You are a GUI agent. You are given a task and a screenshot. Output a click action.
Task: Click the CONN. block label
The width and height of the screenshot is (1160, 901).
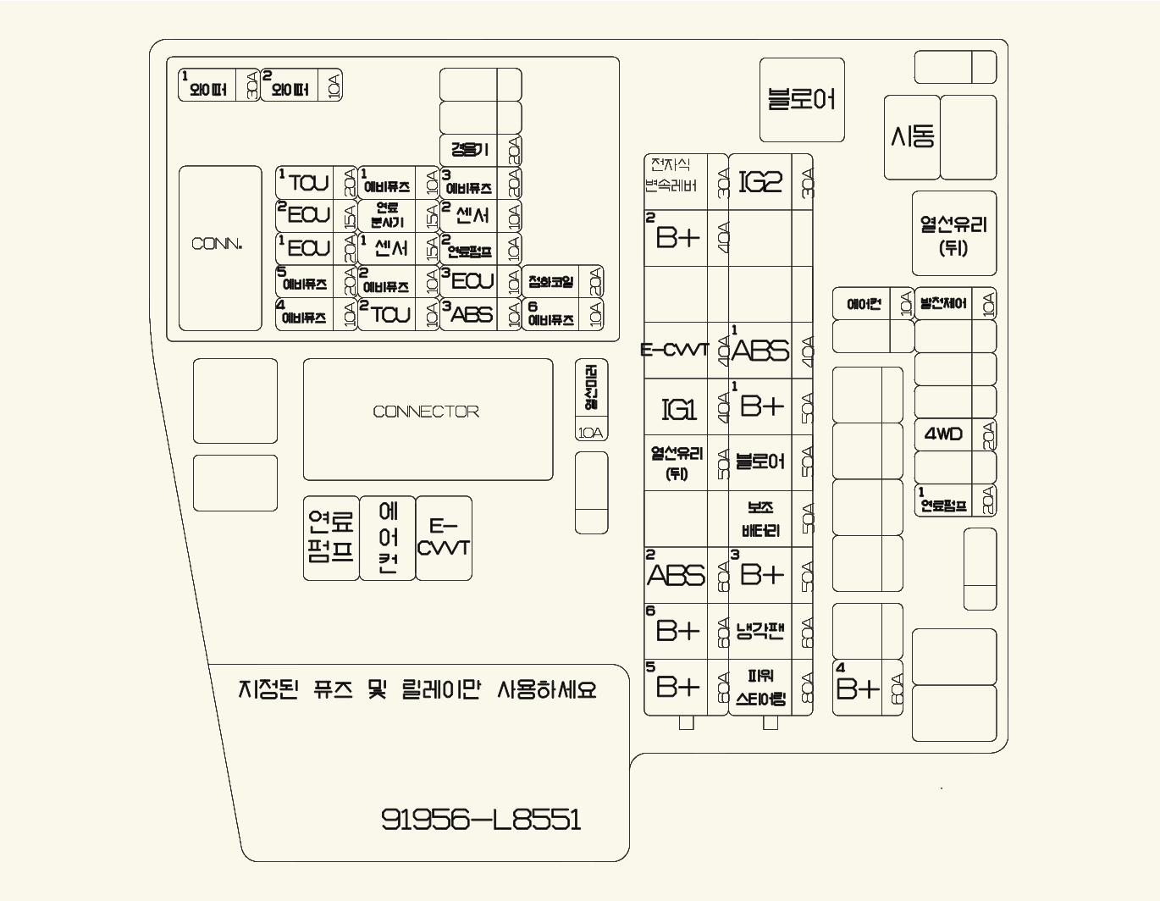tap(218, 245)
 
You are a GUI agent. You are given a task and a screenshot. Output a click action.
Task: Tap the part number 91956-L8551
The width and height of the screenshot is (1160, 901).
tap(481, 819)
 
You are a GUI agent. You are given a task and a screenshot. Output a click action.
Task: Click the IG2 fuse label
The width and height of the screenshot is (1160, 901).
tap(760, 182)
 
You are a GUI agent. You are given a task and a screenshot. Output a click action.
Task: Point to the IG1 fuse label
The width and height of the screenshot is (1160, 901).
tap(677, 410)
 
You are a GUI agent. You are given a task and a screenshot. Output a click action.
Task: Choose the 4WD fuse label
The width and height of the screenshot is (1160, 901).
tap(943, 434)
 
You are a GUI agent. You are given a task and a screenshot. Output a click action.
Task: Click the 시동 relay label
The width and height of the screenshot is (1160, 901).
tap(913, 136)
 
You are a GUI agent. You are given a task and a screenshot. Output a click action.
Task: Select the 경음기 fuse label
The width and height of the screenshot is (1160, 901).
tap(469, 150)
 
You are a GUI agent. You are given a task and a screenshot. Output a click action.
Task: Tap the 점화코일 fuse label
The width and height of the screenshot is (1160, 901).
tap(550, 282)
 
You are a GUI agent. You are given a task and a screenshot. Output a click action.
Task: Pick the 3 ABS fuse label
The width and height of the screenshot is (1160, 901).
tap(471, 314)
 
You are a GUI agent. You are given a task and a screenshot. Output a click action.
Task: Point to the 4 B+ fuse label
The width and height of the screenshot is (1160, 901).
tap(857, 688)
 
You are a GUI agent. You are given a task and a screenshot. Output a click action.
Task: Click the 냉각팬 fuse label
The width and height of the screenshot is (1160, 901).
tap(760, 631)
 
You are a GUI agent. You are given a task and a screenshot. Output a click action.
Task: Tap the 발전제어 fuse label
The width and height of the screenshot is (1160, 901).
tap(942, 303)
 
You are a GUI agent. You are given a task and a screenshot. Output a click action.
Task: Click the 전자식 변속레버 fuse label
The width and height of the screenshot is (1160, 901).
tap(674, 175)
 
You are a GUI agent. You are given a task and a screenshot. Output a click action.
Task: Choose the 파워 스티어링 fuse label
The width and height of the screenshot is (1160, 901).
tap(760, 688)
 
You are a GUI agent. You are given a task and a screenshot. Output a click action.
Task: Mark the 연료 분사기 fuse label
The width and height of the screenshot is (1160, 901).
tap(387, 215)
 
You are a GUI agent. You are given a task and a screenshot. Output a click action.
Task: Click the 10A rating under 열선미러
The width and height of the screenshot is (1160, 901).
tap(591, 433)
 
